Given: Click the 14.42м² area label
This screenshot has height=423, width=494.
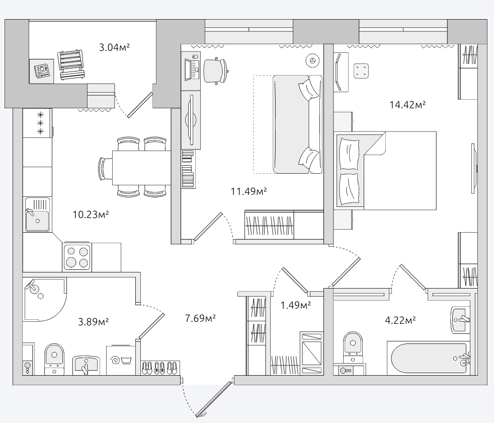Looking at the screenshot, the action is (x=407, y=104).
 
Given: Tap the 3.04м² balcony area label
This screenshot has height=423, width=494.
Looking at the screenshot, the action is (x=114, y=47).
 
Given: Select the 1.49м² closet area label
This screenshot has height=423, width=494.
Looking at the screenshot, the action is (x=296, y=305).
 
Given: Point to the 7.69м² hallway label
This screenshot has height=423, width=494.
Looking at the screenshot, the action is (x=200, y=318).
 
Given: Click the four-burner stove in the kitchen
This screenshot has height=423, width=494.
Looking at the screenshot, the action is (x=77, y=257).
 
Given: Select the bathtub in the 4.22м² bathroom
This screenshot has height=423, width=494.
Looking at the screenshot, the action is (x=429, y=359).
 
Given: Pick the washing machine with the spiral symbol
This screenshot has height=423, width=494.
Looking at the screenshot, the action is (x=121, y=360).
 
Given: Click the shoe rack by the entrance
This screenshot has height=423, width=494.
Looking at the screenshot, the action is (x=160, y=368).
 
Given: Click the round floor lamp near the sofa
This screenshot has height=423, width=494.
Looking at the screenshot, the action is (x=312, y=60).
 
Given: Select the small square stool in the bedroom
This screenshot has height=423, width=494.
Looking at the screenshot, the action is (x=361, y=71).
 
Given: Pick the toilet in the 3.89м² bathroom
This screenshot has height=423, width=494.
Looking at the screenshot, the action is (x=54, y=359).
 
